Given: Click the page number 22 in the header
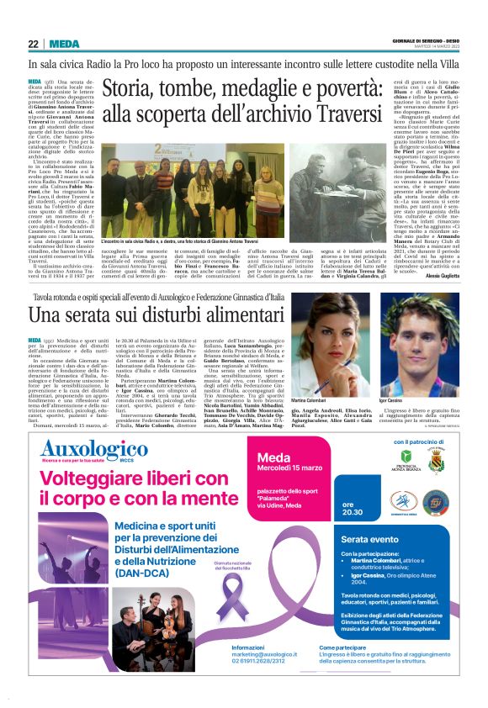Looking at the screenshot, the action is [x=33, y=44].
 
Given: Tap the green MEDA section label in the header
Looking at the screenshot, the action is [x=65, y=44].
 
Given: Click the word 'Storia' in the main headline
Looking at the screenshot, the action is [x=134, y=87].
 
